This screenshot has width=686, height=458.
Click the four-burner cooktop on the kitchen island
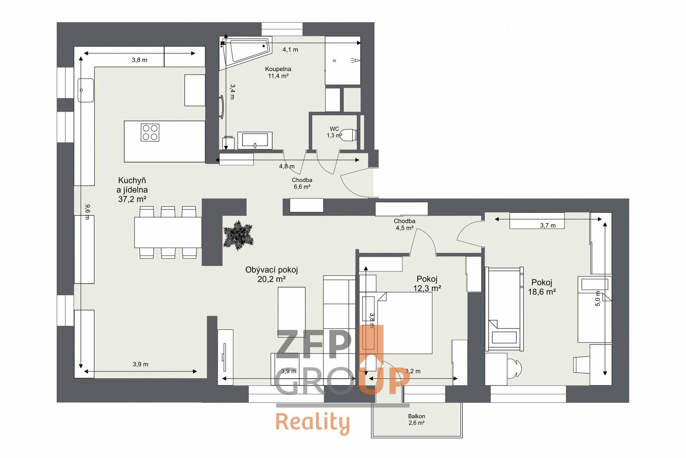[150, 132]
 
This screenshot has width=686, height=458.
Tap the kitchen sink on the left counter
[86, 90]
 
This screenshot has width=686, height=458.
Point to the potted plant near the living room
[238, 235]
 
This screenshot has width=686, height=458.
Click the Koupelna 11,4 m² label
[278, 72]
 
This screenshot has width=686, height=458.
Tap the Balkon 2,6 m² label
[417, 419]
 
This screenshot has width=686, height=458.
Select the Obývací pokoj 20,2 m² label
[272, 274]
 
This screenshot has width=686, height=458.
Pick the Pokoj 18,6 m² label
[542, 287]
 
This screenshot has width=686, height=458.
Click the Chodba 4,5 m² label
[404, 224]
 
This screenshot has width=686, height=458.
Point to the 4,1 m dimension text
[290, 50]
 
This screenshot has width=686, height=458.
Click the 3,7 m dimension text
[548, 225]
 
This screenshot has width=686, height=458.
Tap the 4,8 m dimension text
[287, 166]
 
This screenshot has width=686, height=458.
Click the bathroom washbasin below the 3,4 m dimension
[255, 141]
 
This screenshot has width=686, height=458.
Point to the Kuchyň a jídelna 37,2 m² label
[132, 190]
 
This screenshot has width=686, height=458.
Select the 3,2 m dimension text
[413, 371]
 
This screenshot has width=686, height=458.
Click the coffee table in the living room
[292, 312]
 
